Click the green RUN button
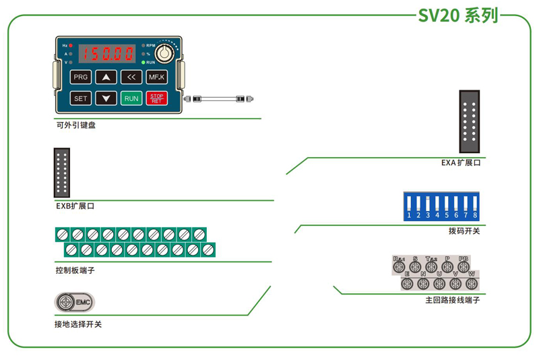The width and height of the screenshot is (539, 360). point(131,98)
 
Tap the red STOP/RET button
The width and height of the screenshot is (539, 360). point(156,98)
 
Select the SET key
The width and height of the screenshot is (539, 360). point(81,98)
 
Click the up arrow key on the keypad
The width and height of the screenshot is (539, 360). point(106,77)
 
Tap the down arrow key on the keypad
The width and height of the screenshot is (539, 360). point(106,98)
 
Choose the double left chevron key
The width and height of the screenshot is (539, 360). point(131,77)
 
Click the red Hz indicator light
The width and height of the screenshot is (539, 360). point(71,45)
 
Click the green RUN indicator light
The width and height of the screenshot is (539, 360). point(144,62)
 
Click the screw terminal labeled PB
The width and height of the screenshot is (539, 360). point(464,267)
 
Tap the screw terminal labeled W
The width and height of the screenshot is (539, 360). point(472,284)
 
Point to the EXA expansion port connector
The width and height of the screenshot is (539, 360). point(470,122)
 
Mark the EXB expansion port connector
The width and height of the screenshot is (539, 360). point(62,172)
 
